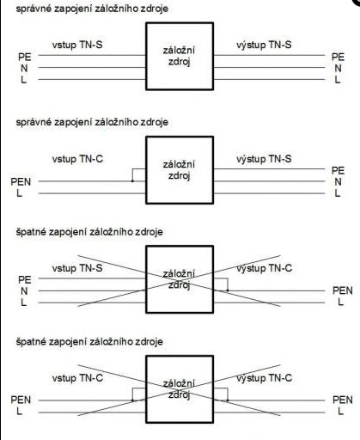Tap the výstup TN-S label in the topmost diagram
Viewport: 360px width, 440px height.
264,45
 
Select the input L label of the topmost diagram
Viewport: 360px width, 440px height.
23,80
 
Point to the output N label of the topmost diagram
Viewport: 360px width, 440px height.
338,69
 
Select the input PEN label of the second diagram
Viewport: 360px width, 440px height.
21,181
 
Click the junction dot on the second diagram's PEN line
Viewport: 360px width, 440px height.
132,181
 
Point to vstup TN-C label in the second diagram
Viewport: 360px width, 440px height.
77,159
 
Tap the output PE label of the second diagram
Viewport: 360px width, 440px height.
338,170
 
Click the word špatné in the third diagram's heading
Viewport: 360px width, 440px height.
31,232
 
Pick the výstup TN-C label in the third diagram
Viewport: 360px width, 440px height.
264,268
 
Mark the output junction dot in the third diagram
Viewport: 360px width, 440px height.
228,290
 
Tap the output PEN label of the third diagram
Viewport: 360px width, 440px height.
343,290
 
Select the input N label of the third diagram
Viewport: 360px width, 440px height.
24,291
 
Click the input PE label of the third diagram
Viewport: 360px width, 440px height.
25,279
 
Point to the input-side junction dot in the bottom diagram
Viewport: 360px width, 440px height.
132,400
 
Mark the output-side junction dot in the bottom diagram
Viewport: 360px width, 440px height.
228,400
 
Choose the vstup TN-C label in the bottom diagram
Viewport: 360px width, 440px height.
77,378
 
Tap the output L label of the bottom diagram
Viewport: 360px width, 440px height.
340,412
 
